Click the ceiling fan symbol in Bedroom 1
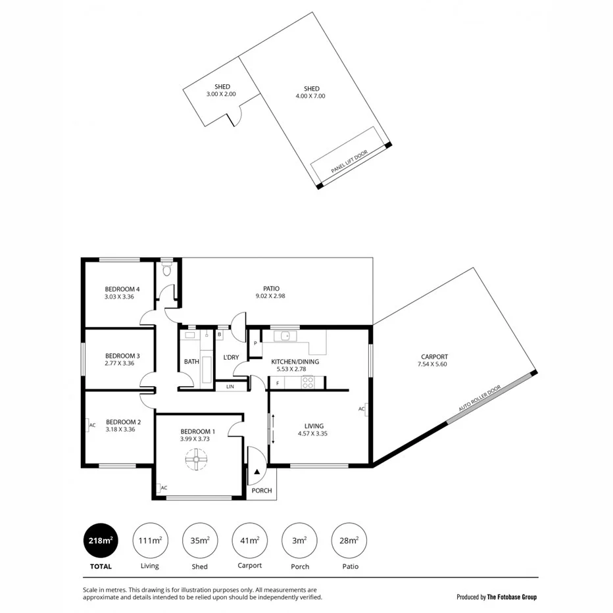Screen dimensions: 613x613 pos(196,460)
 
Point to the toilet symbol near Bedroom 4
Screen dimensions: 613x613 pos(167,269)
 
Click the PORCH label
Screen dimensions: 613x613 pos(262,491)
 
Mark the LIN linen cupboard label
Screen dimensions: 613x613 pos(230,386)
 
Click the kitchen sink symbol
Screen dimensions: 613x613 pos(285,337)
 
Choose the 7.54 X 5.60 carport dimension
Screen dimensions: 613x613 pos(434,364)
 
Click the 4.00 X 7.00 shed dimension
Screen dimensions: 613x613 pos(311,96)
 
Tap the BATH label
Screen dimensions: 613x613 pos(191,362)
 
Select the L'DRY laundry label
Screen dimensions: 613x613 pos(231,357)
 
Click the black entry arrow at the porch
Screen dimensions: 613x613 pos(257,470)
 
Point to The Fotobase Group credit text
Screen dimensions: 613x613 pos(511,597)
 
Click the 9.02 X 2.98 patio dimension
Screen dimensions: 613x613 pos(271,296)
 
